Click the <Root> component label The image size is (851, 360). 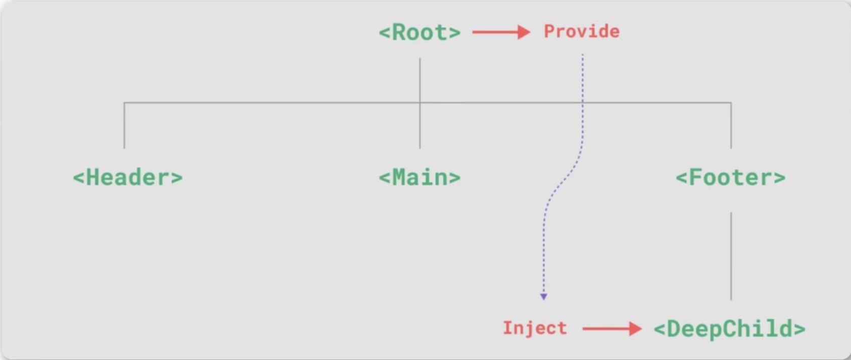(419, 32)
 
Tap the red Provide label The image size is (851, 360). (582, 32)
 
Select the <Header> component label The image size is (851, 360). (128, 177)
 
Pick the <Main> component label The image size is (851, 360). (419, 177)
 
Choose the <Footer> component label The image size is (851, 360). (731, 177)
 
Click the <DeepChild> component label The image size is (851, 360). (729, 329)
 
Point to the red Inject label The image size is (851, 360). (535, 328)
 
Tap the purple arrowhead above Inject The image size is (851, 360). (544, 297)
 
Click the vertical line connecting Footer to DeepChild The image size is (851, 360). (731, 256)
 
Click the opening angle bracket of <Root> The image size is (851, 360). (385, 33)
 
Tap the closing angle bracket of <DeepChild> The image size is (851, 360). (799, 329)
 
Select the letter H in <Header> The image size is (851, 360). (93, 177)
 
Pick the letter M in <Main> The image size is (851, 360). (399, 177)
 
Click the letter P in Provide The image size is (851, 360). (549, 32)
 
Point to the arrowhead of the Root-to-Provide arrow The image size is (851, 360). (524, 32)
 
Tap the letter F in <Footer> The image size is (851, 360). (696, 177)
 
